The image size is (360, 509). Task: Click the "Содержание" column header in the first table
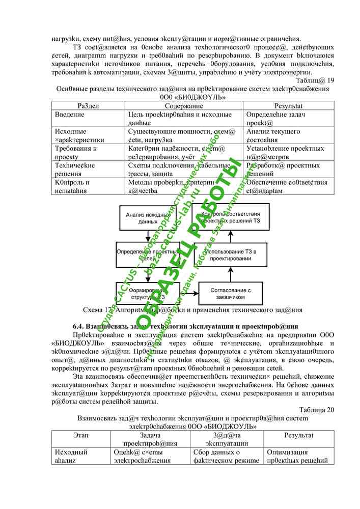coord(184,105)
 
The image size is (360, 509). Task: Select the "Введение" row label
coord(70,115)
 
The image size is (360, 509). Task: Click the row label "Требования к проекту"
coord(75,152)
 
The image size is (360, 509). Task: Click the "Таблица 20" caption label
coord(316,409)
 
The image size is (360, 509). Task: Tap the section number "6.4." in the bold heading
coord(79,326)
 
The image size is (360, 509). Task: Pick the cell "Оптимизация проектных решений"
coord(299,456)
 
